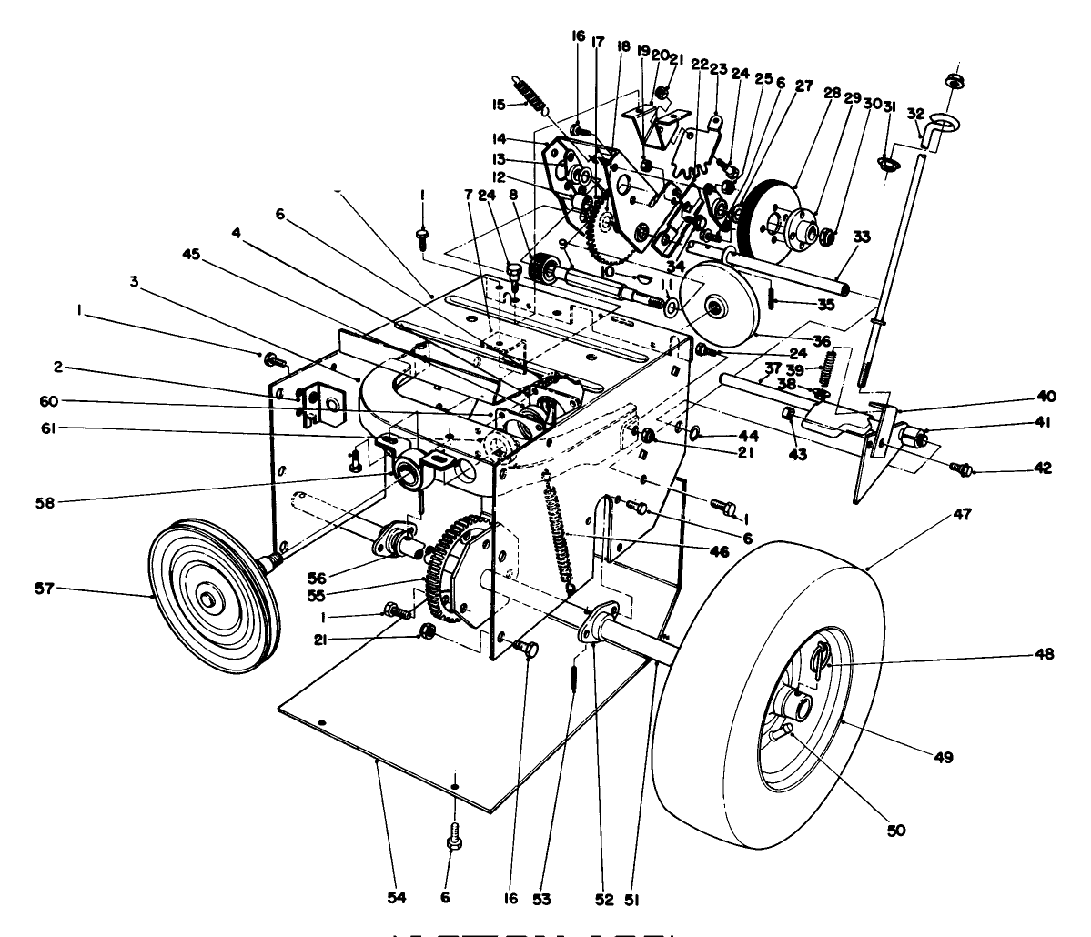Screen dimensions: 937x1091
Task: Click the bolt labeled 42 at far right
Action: pos(959,468)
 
